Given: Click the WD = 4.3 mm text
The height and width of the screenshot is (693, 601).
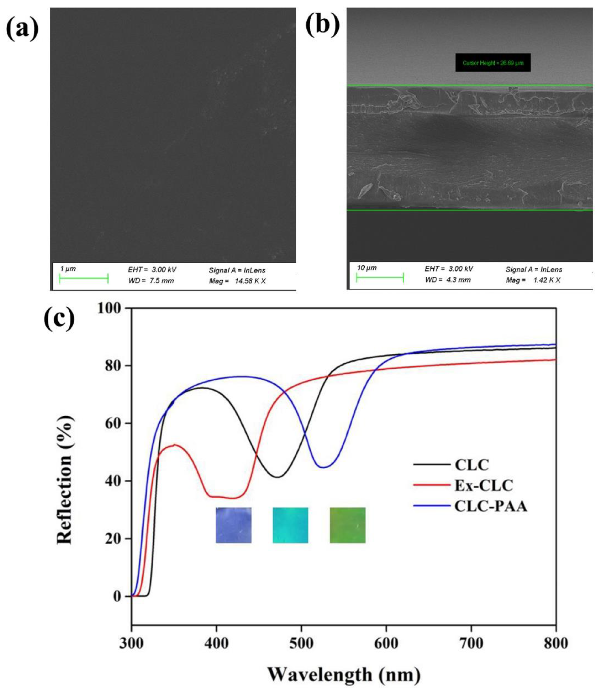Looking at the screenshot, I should coord(448,280).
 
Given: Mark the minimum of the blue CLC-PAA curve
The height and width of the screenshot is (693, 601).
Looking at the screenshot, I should coord(323,467).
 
